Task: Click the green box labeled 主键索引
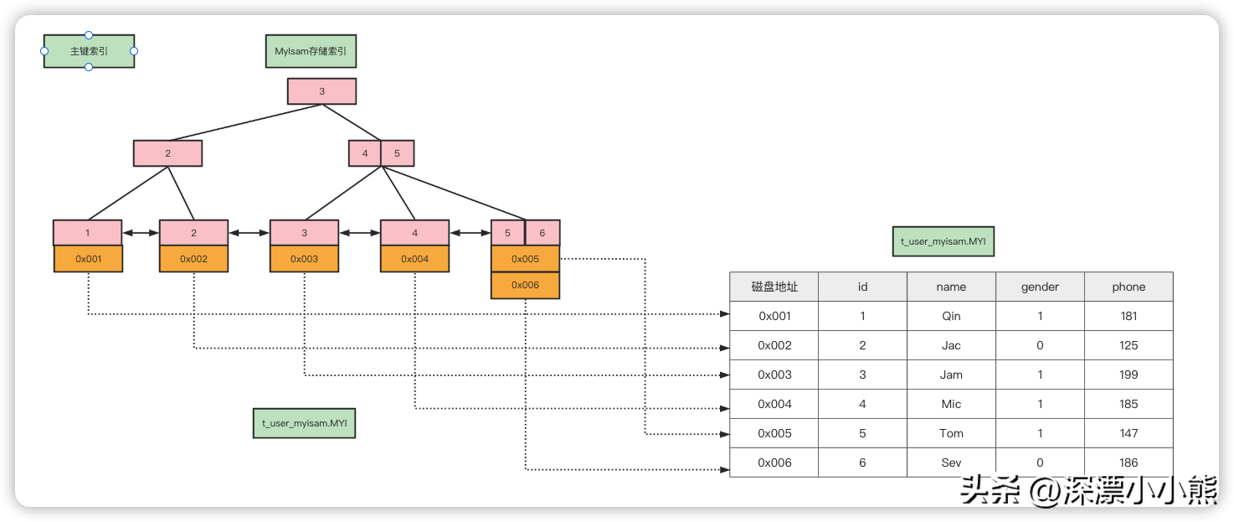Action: pyautogui.click(x=89, y=51)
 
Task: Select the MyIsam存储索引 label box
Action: pyautogui.click(x=311, y=51)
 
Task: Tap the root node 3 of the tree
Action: pyautogui.click(x=321, y=91)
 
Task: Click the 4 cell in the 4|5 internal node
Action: pyautogui.click(x=365, y=153)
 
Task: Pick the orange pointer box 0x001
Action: pyautogui.click(x=88, y=259)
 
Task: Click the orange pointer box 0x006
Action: pyautogui.click(x=525, y=286)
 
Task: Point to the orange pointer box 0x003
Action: pyautogui.click(x=304, y=259)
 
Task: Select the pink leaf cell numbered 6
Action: pyautogui.click(x=542, y=233)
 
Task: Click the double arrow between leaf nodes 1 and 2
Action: pyautogui.click(x=141, y=233)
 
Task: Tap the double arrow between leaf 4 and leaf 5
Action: pyautogui.click(x=470, y=233)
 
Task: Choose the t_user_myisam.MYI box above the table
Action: pyautogui.click(x=943, y=241)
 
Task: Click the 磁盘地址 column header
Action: pyautogui.click(x=774, y=287)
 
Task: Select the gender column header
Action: pyautogui.click(x=1040, y=287)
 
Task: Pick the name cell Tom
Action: pyautogui.click(x=951, y=433)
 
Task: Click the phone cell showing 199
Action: pyautogui.click(x=1129, y=375)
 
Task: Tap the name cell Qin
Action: pyautogui.click(x=951, y=316)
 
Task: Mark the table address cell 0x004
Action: pyautogui.click(x=774, y=404)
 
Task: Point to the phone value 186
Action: pyautogui.click(x=1129, y=463)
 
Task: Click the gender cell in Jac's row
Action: pyautogui.click(x=1040, y=345)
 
